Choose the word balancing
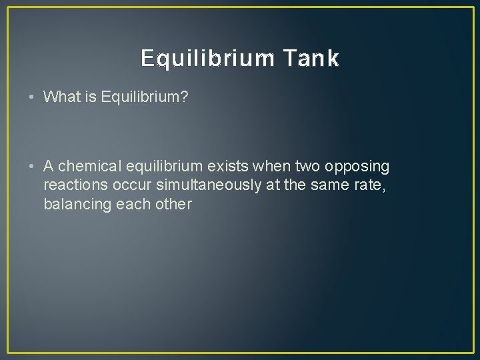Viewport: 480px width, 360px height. pyautogui.click(x=75, y=204)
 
